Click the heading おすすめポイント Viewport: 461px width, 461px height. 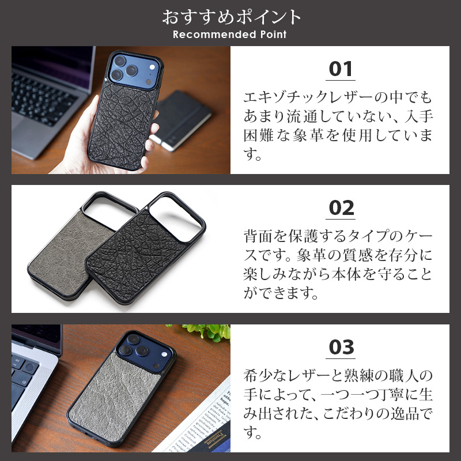pyautogui.click(x=231, y=17)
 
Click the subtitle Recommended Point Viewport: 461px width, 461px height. pyautogui.click(x=230, y=35)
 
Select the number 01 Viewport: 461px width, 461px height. pyautogui.click(x=341, y=70)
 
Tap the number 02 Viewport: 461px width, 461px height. pyautogui.click(x=341, y=208)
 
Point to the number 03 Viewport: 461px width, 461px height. pyautogui.click(x=341, y=347)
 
